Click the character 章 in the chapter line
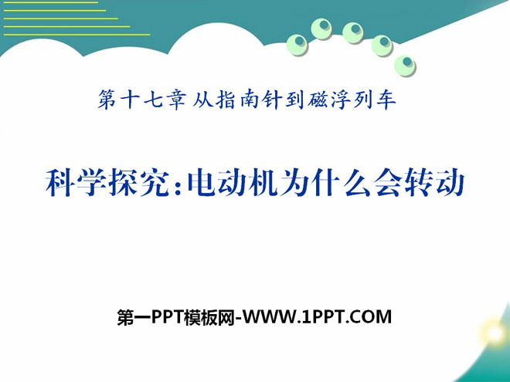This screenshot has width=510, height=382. [x=177, y=99]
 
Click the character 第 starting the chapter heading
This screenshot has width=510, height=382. [x=107, y=99]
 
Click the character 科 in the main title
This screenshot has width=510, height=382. [x=60, y=183]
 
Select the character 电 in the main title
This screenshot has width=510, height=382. [x=202, y=183]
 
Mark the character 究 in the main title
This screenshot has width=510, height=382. [x=155, y=183]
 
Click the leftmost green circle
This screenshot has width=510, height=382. [x=297, y=45]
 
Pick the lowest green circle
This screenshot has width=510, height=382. [x=405, y=66]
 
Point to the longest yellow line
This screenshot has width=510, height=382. [x=76, y=35]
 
